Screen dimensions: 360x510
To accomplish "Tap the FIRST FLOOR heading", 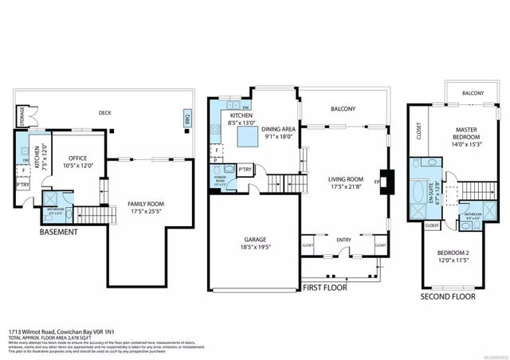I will pos(324,286).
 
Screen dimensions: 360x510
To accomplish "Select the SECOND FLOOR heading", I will pos(449,296).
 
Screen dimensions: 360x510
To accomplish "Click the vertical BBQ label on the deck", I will pos(188,119).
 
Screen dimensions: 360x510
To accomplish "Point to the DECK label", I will pos(105,113).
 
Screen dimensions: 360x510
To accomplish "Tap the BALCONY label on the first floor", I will pos(343,109).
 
